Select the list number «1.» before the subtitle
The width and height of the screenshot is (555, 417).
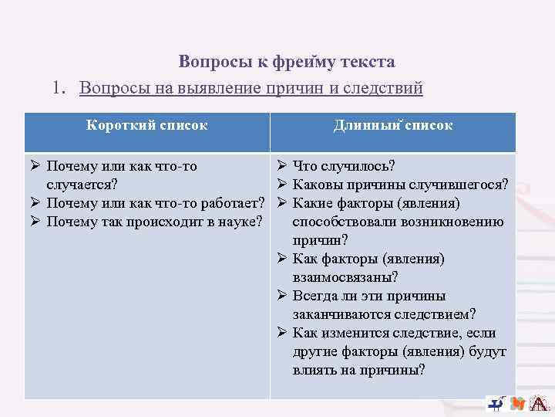(62, 88)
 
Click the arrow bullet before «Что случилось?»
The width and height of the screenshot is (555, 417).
(281, 166)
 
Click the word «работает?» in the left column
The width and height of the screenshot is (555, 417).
(232, 203)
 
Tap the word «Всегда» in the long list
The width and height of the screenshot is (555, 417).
(314, 296)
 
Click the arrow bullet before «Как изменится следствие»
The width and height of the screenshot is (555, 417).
(281, 333)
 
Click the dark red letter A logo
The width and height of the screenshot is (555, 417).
(540, 404)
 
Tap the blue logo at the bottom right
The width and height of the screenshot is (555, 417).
(496, 403)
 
